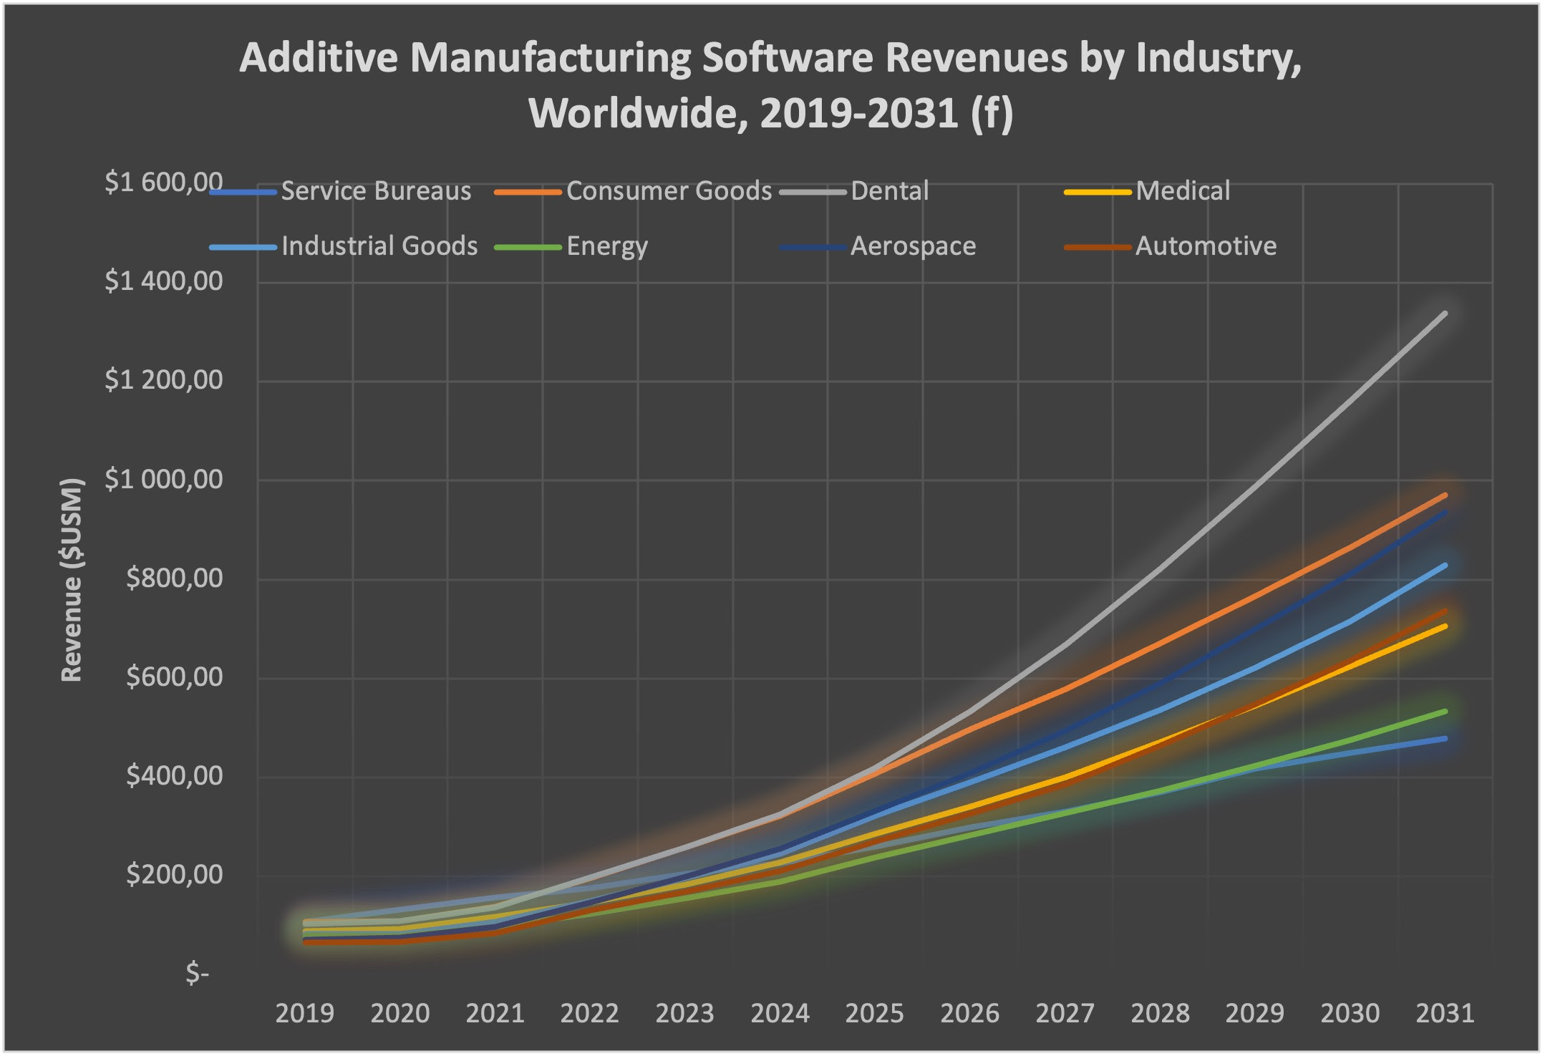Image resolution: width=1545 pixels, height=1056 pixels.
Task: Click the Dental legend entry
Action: tap(889, 191)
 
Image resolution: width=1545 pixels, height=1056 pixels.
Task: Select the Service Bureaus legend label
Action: tap(375, 191)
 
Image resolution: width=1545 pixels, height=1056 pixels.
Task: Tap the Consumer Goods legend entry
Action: tap(669, 191)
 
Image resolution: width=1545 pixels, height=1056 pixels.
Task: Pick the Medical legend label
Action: tap(1182, 191)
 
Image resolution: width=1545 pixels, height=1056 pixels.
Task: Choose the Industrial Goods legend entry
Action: tap(379, 246)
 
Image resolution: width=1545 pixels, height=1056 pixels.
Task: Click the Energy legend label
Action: tap(606, 246)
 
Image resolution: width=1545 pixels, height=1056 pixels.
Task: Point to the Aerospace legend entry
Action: tap(912, 246)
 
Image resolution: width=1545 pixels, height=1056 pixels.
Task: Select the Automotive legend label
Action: tap(1205, 246)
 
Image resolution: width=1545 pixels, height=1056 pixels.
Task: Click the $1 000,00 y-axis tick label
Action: tap(163, 480)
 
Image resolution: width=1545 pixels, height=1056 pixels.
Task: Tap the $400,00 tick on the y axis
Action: tap(174, 776)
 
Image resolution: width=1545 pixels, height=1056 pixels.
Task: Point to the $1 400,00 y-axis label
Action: tap(163, 282)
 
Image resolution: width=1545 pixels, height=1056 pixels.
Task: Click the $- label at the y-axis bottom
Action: tap(197, 974)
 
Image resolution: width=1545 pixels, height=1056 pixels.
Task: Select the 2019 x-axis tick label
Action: tap(304, 1014)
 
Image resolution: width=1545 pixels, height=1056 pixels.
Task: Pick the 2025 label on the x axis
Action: tap(874, 1014)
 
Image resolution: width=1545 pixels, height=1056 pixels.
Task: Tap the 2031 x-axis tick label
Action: tap(1445, 1014)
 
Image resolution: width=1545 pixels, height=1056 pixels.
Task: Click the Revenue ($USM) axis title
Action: tap(72, 580)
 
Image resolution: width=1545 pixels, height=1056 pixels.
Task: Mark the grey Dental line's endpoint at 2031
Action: tap(1445, 314)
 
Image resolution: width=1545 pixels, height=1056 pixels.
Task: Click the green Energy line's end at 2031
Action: tap(1445, 711)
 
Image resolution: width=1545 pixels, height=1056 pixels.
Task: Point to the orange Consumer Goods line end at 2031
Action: tap(1445, 495)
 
